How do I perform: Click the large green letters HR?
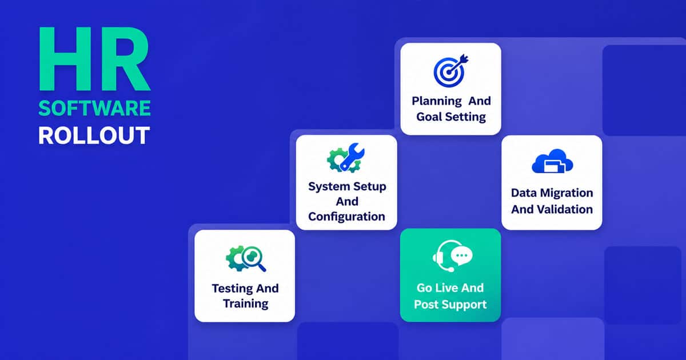(95, 59)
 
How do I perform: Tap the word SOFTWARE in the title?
(95, 109)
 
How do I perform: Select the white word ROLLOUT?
(94, 135)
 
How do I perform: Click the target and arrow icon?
(451, 70)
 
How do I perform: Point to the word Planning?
(437, 101)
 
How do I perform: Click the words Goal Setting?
(451, 117)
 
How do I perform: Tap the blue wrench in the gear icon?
(352, 156)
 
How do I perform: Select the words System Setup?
(347, 186)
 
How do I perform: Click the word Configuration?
(346, 217)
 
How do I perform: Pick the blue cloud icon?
(552, 161)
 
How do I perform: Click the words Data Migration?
(552, 193)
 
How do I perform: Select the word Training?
(246, 303)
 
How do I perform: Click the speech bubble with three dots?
(461, 255)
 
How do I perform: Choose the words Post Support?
(450, 305)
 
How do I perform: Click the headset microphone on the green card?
(450, 269)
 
